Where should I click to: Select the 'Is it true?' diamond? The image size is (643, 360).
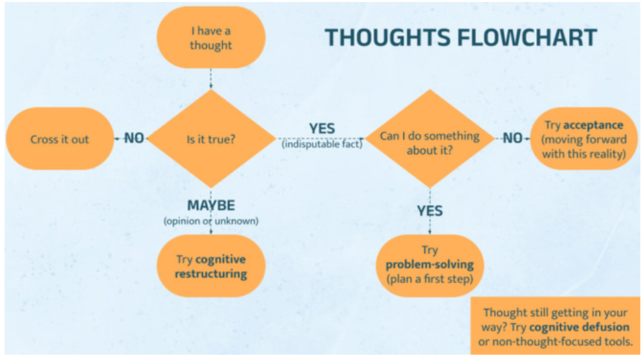[211, 139]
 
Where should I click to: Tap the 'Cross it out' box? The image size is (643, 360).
[60, 139]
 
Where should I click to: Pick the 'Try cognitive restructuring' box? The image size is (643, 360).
[211, 266]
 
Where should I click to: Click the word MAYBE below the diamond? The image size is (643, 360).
[211, 206]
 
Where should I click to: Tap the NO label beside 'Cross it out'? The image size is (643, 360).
[134, 138]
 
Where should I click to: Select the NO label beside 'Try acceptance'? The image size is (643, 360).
[512, 138]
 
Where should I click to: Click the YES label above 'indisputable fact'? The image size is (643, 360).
[321, 128]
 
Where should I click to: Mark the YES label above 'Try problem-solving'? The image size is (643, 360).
[430, 211]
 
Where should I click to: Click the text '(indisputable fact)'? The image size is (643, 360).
[321, 144]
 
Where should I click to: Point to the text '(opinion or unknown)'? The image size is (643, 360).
[211, 221]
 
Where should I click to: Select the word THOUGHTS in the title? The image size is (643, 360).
[382, 38]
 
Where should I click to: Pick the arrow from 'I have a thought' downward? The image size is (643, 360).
[211, 77]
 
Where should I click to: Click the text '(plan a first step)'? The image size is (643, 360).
[429, 279]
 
